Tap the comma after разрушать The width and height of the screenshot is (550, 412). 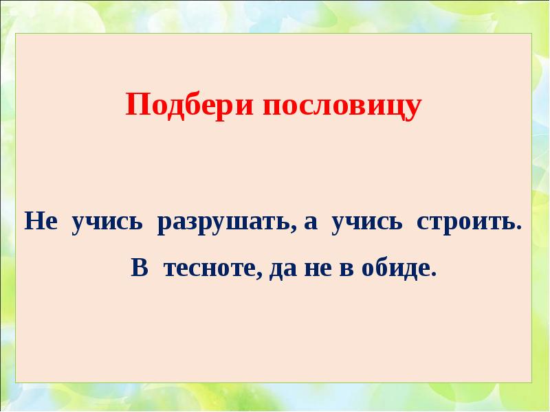292,230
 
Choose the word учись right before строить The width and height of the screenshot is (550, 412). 364,224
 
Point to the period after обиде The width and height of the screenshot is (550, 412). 434,273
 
